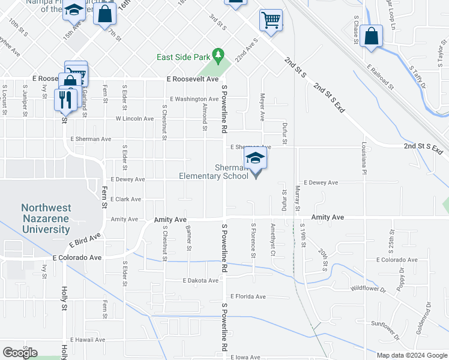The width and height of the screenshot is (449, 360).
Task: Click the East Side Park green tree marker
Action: tap(219, 56)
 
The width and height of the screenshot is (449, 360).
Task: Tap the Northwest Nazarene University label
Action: tap(46, 218)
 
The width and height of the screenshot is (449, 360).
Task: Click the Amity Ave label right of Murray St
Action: tap(327, 217)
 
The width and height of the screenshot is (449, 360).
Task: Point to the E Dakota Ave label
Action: tap(200, 280)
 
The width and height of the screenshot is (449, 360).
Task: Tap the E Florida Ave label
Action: tap(247, 296)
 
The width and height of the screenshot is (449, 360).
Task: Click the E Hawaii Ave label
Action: tap(87, 339)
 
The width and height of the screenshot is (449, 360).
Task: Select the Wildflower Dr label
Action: tap(376, 289)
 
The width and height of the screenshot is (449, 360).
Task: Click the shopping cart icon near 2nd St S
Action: tap(271, 20)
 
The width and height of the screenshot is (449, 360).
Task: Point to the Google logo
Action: tap(20, 353)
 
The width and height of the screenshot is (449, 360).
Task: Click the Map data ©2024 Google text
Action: tap(411, 355)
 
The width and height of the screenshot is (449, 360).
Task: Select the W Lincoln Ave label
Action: tap(135, 119)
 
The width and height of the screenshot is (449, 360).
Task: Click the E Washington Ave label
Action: tap(194, 99)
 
